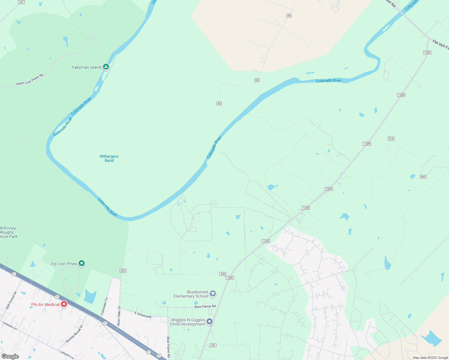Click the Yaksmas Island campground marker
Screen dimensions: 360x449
point(106,67)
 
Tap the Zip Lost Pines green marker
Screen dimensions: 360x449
point(82,263)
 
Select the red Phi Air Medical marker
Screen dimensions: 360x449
point(64,304)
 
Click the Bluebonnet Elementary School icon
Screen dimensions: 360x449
point(213,293)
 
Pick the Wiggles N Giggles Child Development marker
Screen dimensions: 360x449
point(209,321)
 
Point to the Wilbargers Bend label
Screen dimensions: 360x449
point(109,158)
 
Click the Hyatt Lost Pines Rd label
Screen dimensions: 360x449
point(30,79)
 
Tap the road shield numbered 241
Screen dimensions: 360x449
point(21,2)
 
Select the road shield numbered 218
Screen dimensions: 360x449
point(391,139)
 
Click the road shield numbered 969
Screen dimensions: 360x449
point(423,177)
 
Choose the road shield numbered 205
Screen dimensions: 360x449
point(123,271)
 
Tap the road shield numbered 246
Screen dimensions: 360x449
point(223,274)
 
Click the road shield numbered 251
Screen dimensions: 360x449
point(213,345)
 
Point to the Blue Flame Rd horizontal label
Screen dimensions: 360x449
point(205,307)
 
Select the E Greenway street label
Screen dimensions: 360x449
point(143,315)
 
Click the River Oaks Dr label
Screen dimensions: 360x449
point(119,316)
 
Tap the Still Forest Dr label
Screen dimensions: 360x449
point(11,300)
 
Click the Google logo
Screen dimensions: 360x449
point(10,356)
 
